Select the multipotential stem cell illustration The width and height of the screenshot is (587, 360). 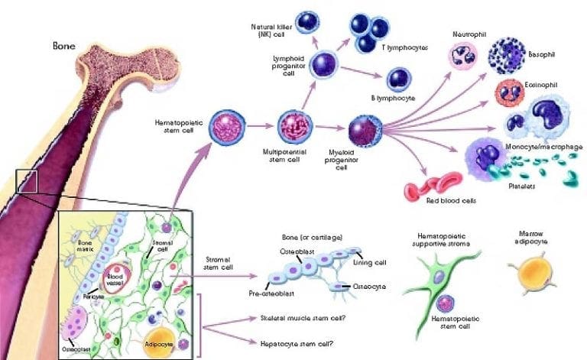tap(293, 125)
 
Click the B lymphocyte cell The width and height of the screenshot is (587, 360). tap(400, 79)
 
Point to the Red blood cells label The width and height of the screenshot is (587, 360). tap(451, 201)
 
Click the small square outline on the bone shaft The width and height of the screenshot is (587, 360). tap(27, 181)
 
